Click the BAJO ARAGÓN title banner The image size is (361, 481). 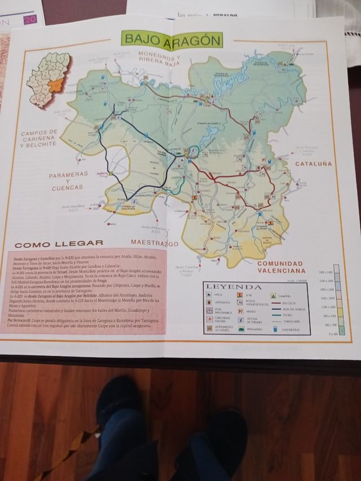[171, 40]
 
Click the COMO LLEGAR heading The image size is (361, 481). [59, 244]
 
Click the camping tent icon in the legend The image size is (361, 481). [272, 295]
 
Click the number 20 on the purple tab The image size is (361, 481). [29, 20]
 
